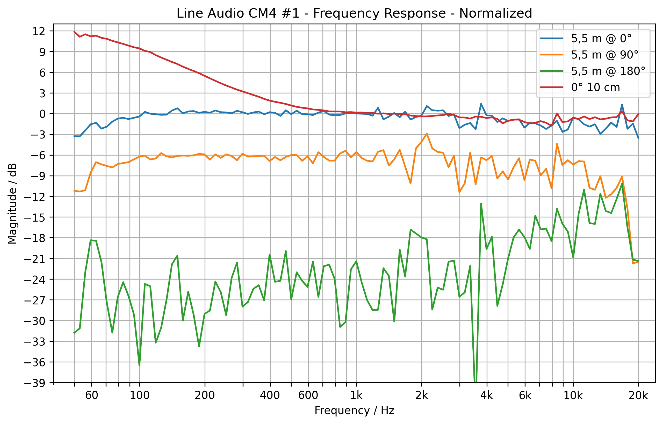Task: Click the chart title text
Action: pyautogui.click(x=354, y=13)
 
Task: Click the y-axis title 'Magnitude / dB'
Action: pyautogui.click(x=12, y=204)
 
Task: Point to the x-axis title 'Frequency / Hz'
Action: pyautogui.click(x=354, y=411)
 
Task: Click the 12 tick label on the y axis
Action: pyautogui.click(x=39, y=31)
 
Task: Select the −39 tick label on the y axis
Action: pyautogui.click(x=35, y=383)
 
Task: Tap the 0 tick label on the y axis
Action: pyautogui.click(x=42, y=114)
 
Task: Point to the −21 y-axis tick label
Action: pyautogui.click(x=35, y=259)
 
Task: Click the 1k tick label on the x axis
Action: pyautogui.click(x=356, y=396)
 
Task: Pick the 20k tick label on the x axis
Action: pyautogui.click(x=638, y=396)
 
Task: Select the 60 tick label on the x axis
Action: pyautogui.click(x=91, y=396)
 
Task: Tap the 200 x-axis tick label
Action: pyautogui.click(x=205, y=396)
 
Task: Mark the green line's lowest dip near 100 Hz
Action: pyautogui.click(x=139, y=365)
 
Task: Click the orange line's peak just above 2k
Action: pyautogui.click(x=427, y=134)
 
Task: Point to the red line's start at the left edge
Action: pyautogui.click(x=74, y=32)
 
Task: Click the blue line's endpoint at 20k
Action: pyautogui.click(x=638, y=138)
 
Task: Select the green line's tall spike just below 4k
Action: pyautogui.click(x=481, y=204)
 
